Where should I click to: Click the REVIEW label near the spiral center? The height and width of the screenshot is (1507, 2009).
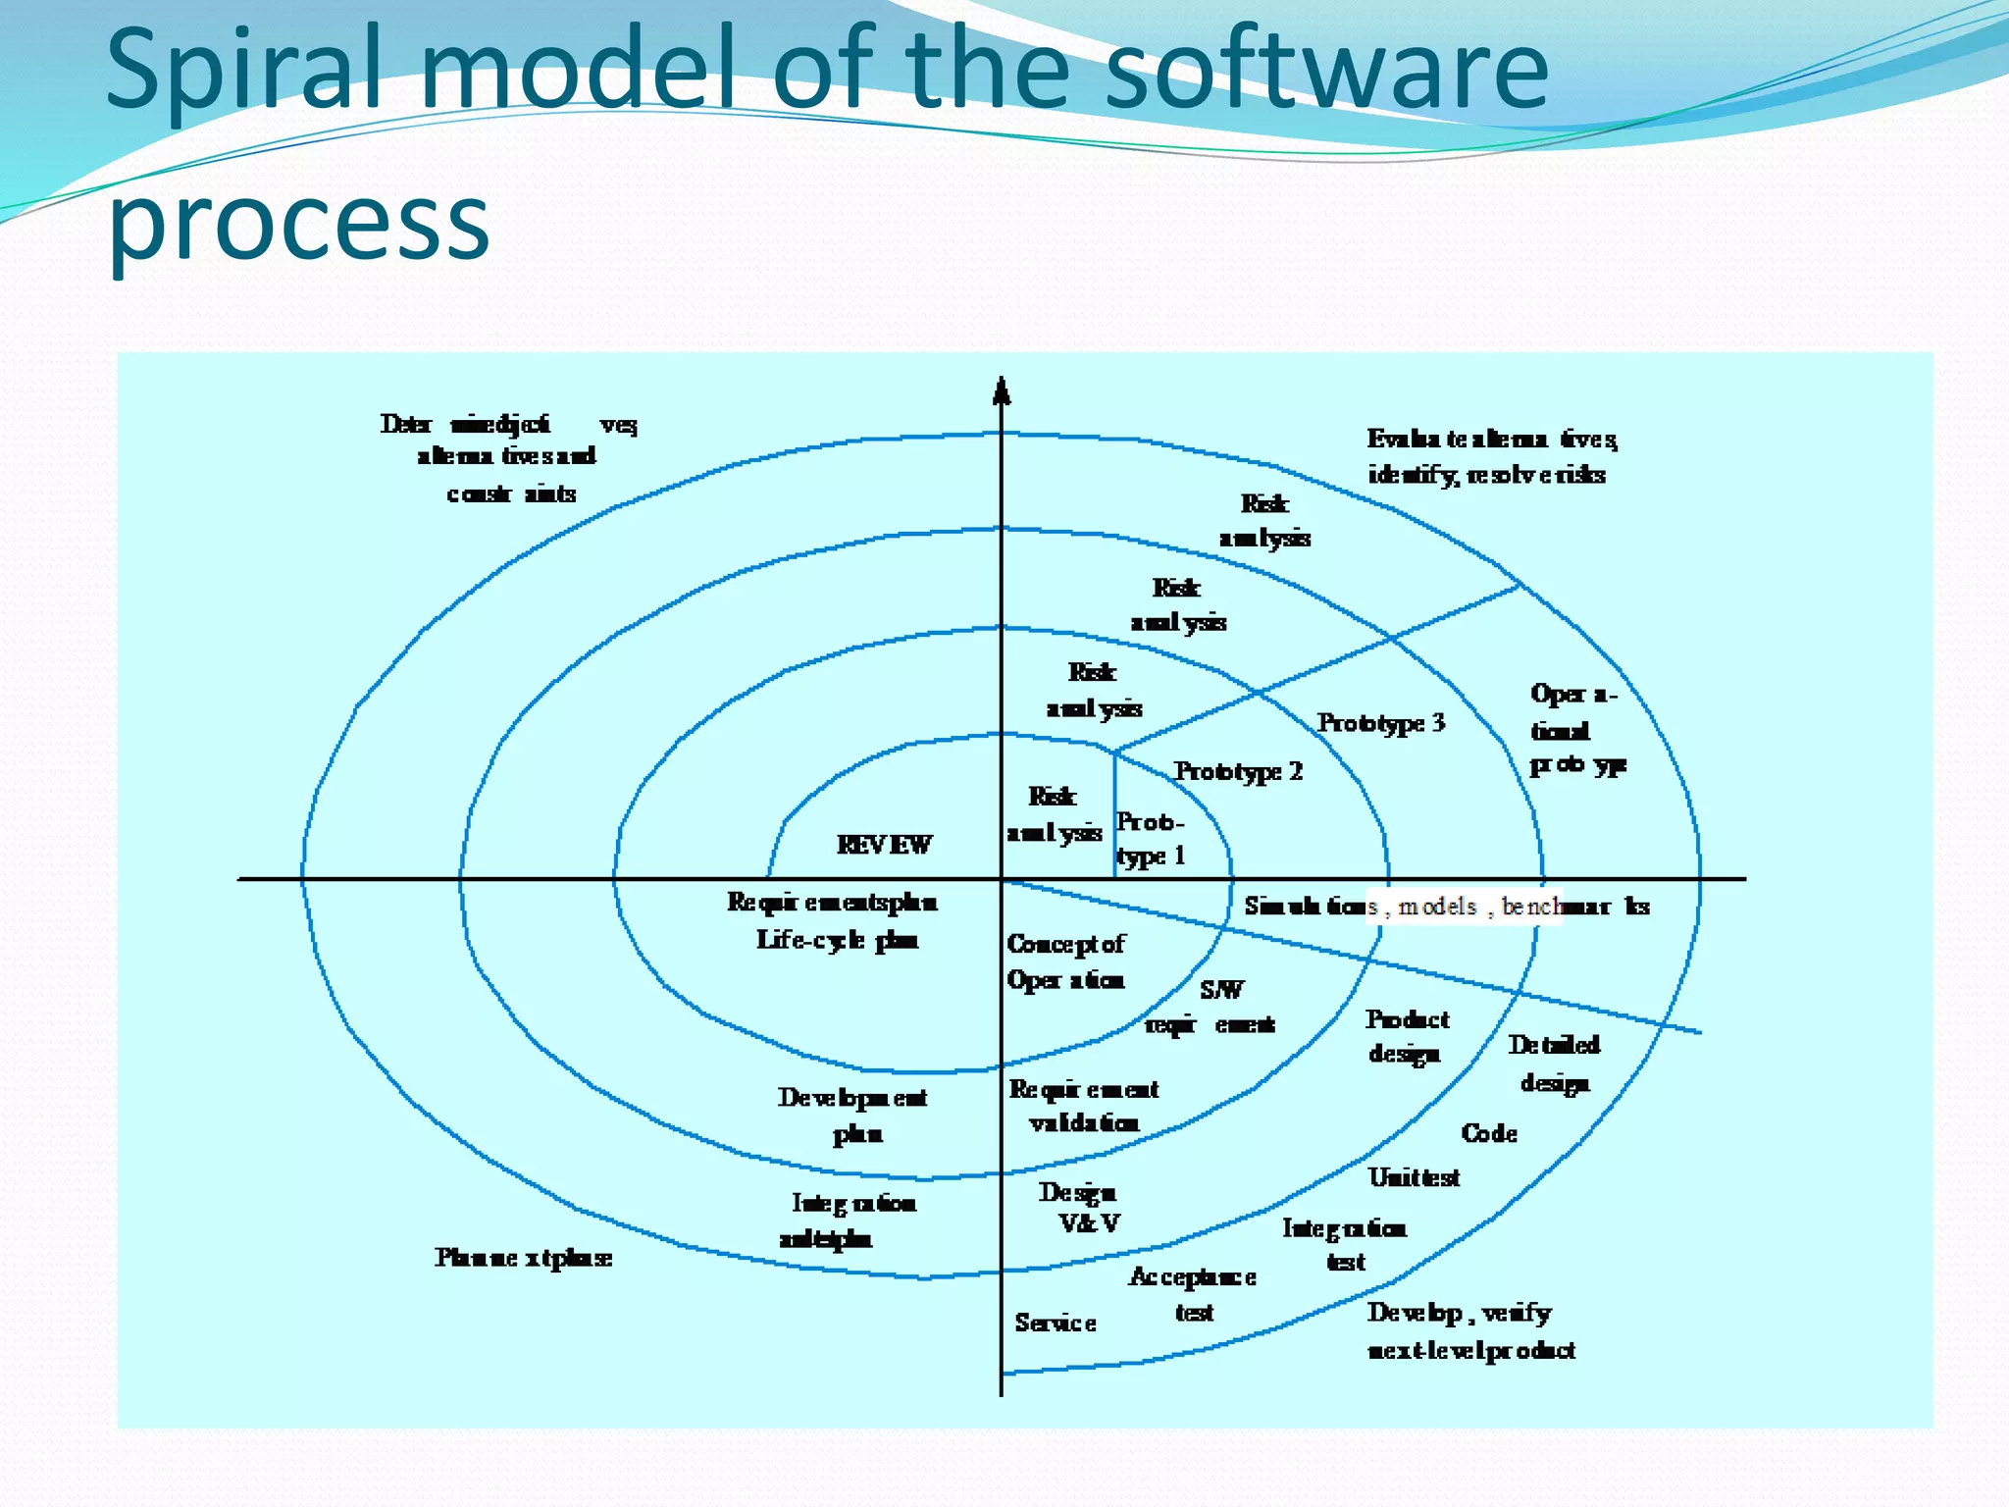coord(884,845)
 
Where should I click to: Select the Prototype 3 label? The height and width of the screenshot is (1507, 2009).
coord(1380,723)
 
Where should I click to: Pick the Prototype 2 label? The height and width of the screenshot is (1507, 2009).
coord(1238,771)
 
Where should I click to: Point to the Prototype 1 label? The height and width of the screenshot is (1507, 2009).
coord(1151,839)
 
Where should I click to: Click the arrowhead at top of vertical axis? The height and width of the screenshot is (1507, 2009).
coord(1001,391)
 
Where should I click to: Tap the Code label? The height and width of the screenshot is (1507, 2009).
coord(1488,1133)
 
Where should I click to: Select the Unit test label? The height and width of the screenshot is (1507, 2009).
coord(1414,1177)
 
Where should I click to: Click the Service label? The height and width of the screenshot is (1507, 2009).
coord(1056,1323)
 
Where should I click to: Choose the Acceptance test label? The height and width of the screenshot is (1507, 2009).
coord(1193,1294)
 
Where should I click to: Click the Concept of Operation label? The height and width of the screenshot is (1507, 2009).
coord(1065,961)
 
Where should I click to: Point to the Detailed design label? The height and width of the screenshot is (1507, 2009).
coord(1554,1064)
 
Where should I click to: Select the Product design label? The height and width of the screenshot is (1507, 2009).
coord(1407,1036)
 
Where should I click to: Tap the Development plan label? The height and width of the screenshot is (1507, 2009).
coord(852,1115)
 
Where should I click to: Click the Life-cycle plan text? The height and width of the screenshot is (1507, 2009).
coord(837,940)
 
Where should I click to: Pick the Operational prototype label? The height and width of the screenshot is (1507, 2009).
coord(1575,730)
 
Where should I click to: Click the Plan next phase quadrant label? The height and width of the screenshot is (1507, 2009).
coord(523,1258)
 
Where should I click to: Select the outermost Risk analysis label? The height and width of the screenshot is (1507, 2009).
coord(1264,520)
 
